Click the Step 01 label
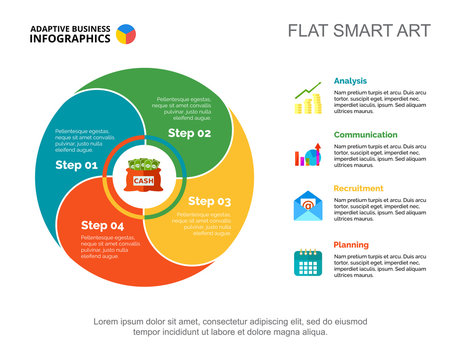[77, 165]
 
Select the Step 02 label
[189, 133]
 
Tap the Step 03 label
[209, 201]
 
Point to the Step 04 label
[102, 225]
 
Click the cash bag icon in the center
[144, 177]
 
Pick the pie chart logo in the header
[127, 34]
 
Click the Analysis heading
[350, 81]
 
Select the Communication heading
[365, 134]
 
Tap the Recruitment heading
[359, 188]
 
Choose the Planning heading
[351, 245]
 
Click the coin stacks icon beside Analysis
[307, 100]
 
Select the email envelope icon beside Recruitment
[307, 208]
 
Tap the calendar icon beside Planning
[307, 263]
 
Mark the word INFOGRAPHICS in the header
[70, 39]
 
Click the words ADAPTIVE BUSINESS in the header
[69, 27]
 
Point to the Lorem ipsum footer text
[230, 327]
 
